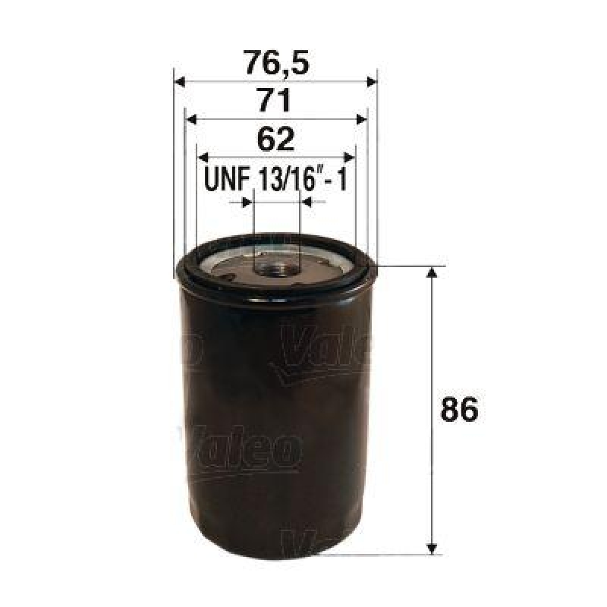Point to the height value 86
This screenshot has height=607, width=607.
point(460,410)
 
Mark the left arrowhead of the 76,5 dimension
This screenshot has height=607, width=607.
point(180,81)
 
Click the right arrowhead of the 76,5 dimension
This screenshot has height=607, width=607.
point(372,81)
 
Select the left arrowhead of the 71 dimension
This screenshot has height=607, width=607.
point(191,119)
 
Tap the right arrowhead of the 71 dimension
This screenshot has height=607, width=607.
point(361,119)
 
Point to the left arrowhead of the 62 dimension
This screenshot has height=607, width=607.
point(203,156)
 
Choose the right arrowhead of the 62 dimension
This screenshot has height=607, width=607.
point(350,156)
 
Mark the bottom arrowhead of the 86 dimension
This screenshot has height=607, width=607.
point(432,546)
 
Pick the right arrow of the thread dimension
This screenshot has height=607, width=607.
point(307,203)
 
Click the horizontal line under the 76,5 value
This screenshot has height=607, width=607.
point(276,81)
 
